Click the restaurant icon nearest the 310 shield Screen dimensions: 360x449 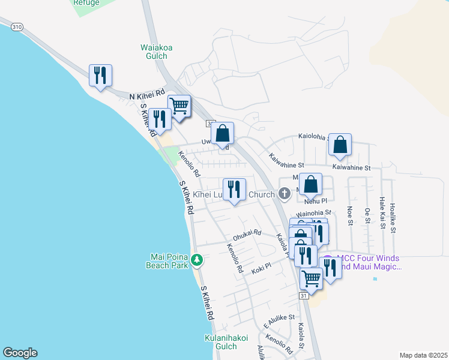coord(100,76)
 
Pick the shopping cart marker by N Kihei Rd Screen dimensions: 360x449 coord(179,107)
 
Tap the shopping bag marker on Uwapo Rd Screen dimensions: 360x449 coord(222,133)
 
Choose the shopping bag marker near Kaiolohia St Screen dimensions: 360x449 coord(340,145)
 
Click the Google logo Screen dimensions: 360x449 coord(20,353)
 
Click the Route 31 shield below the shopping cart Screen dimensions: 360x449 coord(304,296)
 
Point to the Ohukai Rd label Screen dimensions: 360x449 coord(247,233)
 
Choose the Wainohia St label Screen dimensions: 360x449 coord(314,212)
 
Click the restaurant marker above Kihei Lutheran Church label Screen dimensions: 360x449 coord(234,190)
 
